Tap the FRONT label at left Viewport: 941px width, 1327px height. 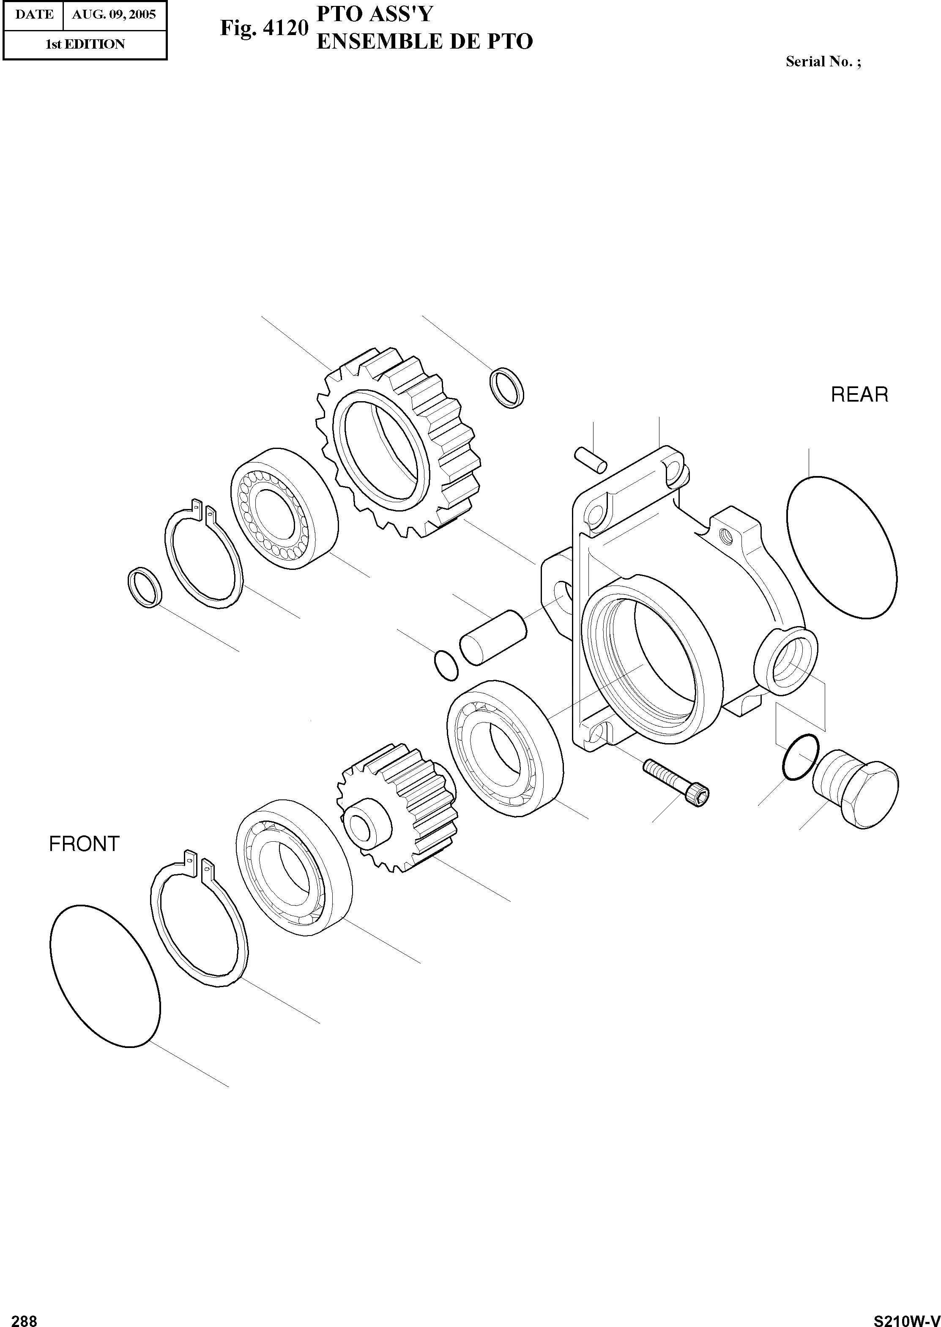tap(84, 844)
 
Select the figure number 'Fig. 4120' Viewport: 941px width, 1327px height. tap(264, 28)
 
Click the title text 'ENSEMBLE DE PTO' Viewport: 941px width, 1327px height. tap(424, 42)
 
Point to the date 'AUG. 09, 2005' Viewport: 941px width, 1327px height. tap(114, 14)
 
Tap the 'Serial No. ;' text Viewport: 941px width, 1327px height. tap(823, 61)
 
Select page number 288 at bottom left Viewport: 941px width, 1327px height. tap(25, 1316)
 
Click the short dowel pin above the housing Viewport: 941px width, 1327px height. tap(591, 460)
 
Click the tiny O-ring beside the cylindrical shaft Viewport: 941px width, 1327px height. tap(446, 666)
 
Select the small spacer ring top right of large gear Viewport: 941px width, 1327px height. tap(508, 387)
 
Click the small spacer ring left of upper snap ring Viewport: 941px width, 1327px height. tap(144, 588)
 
